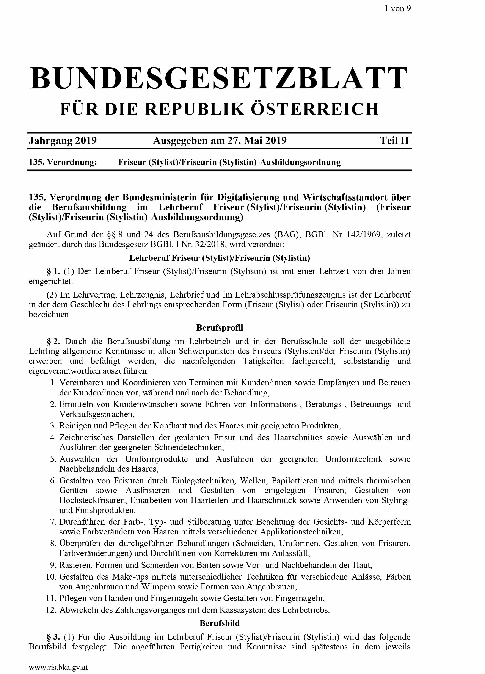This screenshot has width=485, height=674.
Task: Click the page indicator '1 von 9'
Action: pyautogui.click(x=397, y=8)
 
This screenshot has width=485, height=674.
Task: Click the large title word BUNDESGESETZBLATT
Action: pyautogui.click(x=219, y=78)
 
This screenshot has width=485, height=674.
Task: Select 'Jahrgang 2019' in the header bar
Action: pyautogui.click(x=63, y=140)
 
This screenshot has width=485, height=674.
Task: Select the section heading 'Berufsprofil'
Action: pyautogui.click(x=220, y=328)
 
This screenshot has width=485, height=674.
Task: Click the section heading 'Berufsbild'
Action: pyautogui.click(x=220, y=623)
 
